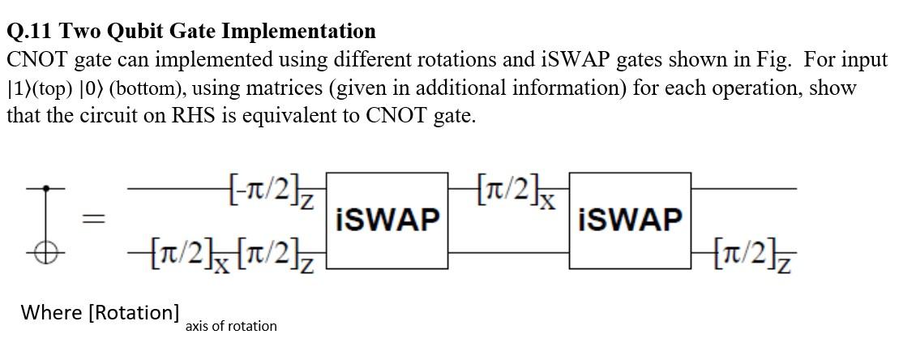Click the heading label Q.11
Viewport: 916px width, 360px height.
[31, 32]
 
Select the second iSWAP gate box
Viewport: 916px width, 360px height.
[630, 220]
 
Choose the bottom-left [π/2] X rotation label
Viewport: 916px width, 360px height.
[165, 254]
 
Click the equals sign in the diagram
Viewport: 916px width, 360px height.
[96, 219]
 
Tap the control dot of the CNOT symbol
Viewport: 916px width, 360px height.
[45, 188]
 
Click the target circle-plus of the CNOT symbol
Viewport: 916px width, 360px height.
[45, 253]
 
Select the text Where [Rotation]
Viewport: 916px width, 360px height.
[100, 312]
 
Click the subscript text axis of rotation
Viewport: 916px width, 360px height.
[230, 326]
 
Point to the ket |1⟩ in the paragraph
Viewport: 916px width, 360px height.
[18, 88]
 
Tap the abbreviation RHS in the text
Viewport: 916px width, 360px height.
[191, 115]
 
